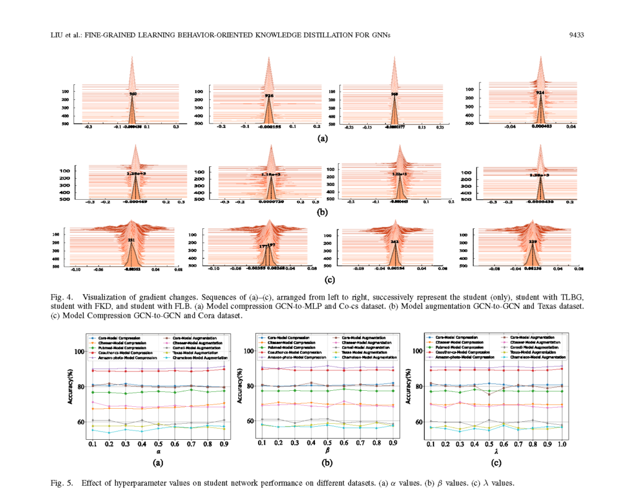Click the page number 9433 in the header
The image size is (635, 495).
[577, 35]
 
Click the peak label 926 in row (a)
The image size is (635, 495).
[269, 96]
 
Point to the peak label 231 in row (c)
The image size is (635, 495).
[131, 239]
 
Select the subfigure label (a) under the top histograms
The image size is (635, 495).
[322, 138]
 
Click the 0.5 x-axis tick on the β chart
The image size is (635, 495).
[327, 444]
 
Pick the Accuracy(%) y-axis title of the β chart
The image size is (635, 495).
[238, 387]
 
